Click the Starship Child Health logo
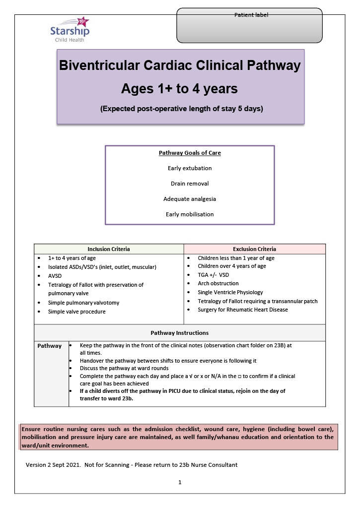pyautogui.click(x=69, y=30)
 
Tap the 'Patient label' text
pyautogui.click(x=251, y=15)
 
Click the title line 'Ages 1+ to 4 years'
pyautogui.click(x=179, y=89)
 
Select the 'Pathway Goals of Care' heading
pyautogui.click(x=190, y=153)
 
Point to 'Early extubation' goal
pyautogui.click(x=190, y=168)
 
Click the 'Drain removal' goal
pyautogui.click(x=190, y=184)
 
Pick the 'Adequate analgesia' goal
pyautogui.click(x=190, y=199)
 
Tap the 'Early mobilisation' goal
pyautogui.click(x=190, y=214)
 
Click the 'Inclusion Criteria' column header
pyautogui.click(x=109, y=249)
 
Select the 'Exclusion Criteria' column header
pyautogui.click(x=254, y=249)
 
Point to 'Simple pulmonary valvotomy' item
pyautogui.click(x=83, y=303)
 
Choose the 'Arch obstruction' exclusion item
pyautogui.click(x=218, y=284)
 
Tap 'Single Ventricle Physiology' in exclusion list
pyautogui.click(x=230, y=292)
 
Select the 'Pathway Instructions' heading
pyautogui.click(x=179, y=333)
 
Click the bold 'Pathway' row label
pyautogui.click(x=50, y=346)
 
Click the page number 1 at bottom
pyautogui.click(x=180, y=482)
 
